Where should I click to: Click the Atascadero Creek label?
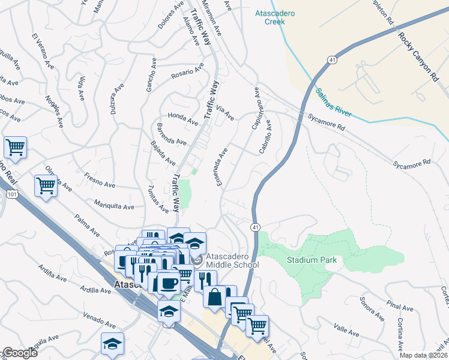(283, 17)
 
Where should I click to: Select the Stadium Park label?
(311, 260)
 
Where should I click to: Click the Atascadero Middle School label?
(232, 260)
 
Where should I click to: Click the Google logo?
(20, 353)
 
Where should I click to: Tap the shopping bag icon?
(214, 296)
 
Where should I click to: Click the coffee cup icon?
(168, 282)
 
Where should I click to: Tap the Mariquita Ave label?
(114, 205)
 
